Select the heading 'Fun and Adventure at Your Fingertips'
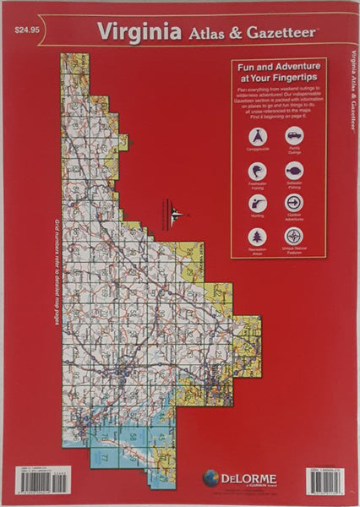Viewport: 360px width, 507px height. (x=278, y=74)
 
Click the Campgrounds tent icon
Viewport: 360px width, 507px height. (x=258, y=136)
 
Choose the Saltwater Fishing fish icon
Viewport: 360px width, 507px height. (x=294, y=170)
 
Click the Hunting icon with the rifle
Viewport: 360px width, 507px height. (x=258, y=204)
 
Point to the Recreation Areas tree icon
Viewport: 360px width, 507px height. (x=258, y=237)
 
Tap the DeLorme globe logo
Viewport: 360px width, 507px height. (x=210, y=479)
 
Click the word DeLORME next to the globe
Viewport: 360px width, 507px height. (x=248, y=478)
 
